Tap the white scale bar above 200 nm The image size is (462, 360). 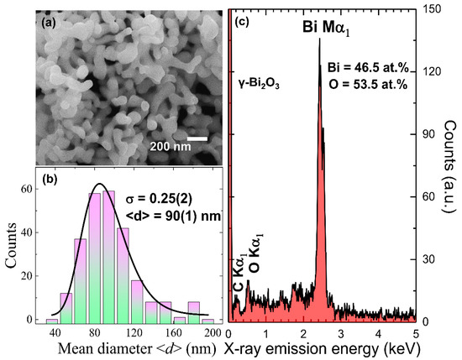click(x=197, y=138)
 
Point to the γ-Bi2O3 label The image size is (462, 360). click(x=259, y=85)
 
